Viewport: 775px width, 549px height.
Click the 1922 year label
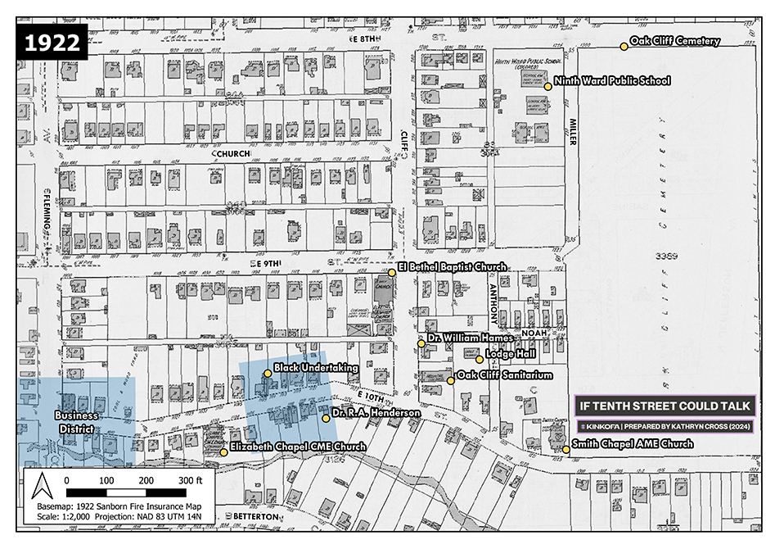[x=51, y=43]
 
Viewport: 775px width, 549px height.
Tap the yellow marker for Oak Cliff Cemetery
[x=624, y=46]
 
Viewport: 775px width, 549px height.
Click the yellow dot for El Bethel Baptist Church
[x=392, y=272]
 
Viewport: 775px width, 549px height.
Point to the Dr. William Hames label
[x=470, y=338]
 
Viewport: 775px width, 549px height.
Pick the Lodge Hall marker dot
[x=480, y=359]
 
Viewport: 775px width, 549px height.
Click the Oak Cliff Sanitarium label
[x=505, y=375]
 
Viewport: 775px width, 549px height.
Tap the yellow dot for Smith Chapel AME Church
[x=565, y=449]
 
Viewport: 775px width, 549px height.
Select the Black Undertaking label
[x=316, y=369]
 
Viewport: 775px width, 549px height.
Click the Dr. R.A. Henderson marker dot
[x=326, y=418]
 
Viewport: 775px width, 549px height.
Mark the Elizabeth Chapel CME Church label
[x=297, y=447]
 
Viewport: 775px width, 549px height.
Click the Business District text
[x=76, y=423]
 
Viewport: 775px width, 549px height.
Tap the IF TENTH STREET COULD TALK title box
[x=665, y=406]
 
